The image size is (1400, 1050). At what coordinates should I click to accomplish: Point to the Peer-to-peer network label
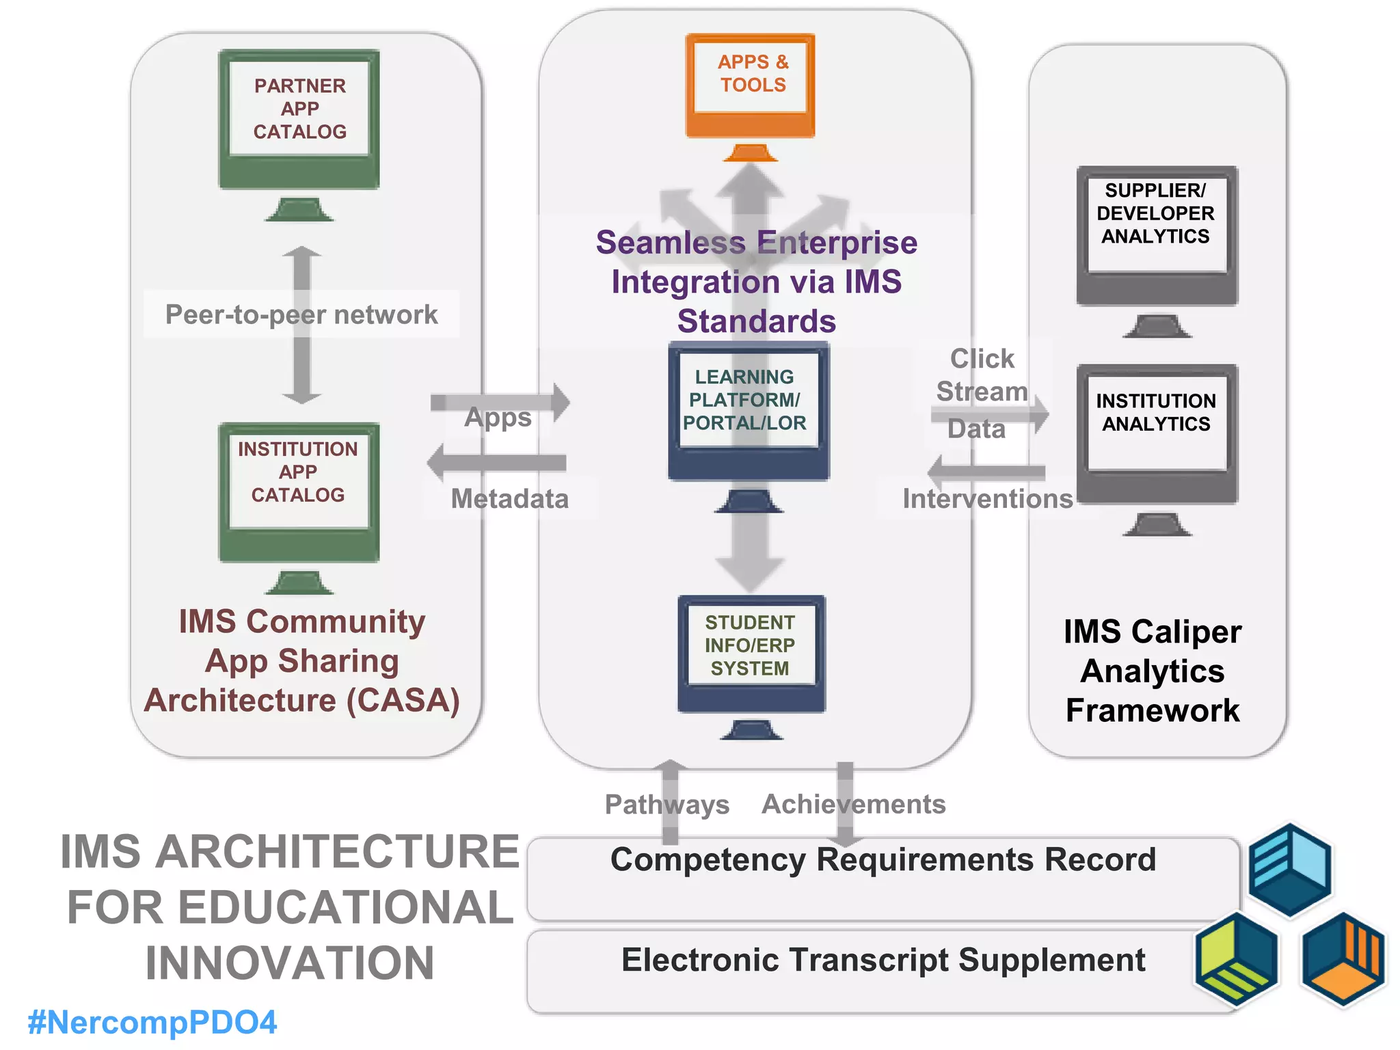click(x=301, y=314)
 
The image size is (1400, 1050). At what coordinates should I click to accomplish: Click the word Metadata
click(x=510, y=499)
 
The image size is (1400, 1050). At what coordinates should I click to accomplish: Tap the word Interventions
click(x=987, y=499)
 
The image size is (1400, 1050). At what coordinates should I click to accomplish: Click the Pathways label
click(x=667, y=805)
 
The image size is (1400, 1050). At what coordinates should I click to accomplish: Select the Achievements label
click(x=854, y=805)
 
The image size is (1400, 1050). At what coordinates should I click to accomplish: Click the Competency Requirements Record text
click(x=883, y=860)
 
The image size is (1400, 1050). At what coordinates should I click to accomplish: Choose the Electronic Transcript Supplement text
click(x=883, y=960)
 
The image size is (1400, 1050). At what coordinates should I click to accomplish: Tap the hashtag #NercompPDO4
click(x=152, y=1023)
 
